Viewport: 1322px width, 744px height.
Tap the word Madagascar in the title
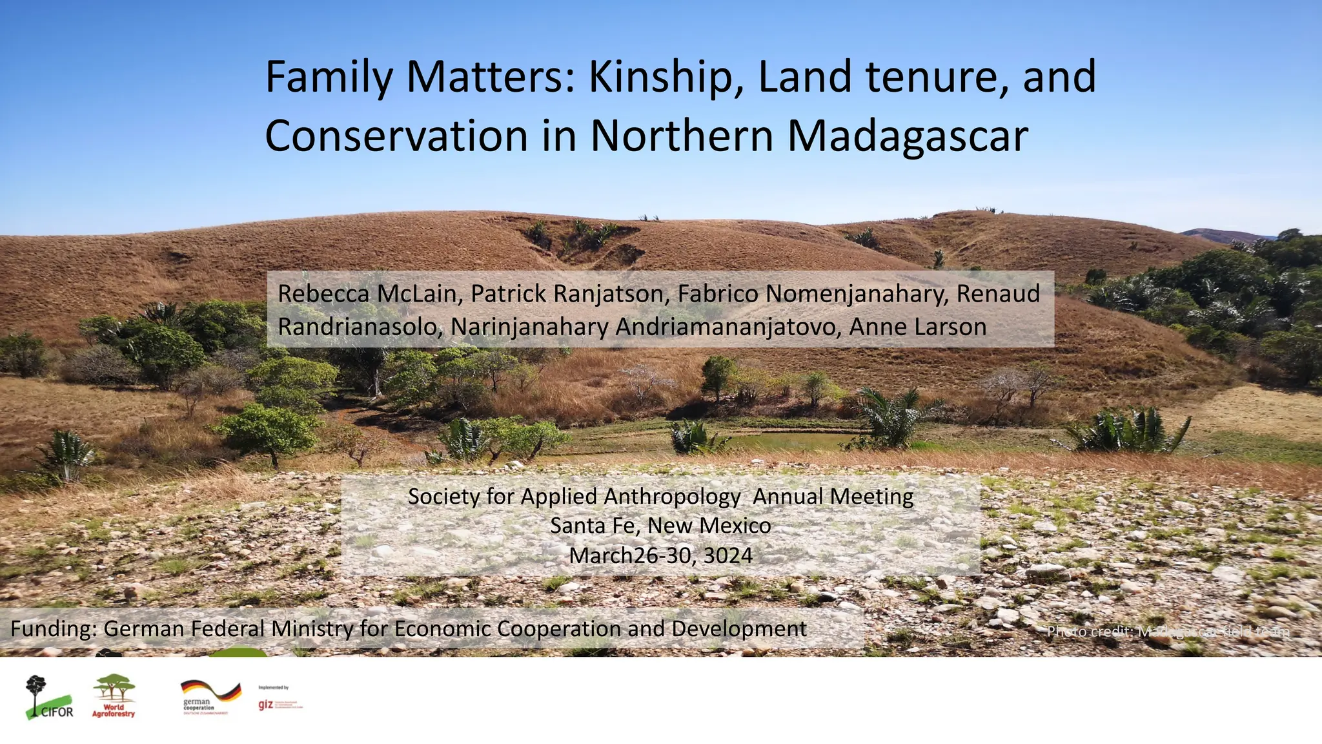[x=908, y=136]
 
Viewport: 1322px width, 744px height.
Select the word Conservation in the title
[x=396, y=136]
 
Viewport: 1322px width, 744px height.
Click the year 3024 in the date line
[x=728, y=555]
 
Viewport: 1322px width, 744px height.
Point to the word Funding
[x=53, y=628]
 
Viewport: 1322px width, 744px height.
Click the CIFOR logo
[x=49, y=697]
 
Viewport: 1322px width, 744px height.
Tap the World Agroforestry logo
[x=114, y=696]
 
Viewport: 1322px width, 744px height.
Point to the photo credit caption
[x=1168, y=631]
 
